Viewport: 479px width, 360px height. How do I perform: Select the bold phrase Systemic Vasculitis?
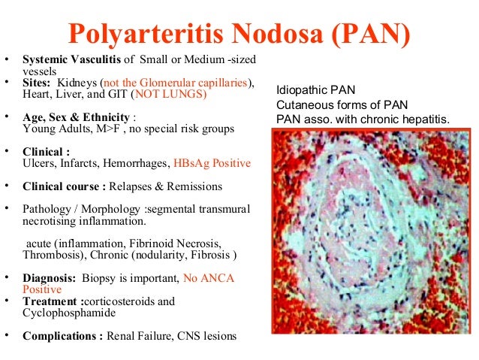pyautogui.click(x=72, y=59)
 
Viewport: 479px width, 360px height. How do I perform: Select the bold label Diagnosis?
pyautogui.click(x=49, y=278)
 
